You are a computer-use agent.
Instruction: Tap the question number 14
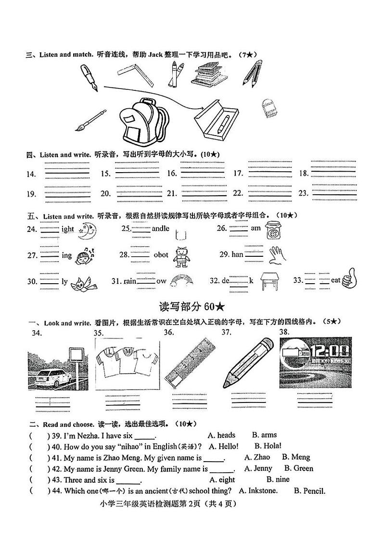click(x=31, y=174)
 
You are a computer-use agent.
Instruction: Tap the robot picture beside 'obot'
click(x=181, y=256)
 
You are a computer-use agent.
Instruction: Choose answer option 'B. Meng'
click(x=296, y=457)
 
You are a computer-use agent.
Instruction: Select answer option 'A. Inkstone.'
click(x=258, y=491)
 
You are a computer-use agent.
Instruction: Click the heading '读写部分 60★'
click(x=191, y=306)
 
